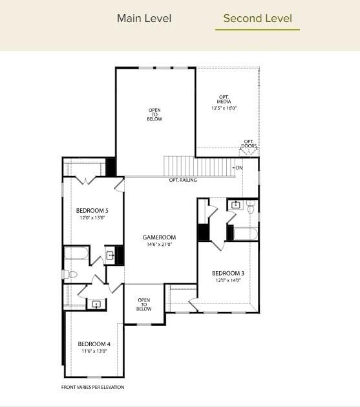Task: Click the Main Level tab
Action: tap(144, 18)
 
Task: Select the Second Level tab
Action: tap(257, 18)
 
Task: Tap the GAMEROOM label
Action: tap(159, 237)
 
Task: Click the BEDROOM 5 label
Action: tap(92, 211)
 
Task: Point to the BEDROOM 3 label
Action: tap(228, 273)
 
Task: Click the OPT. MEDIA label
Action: tap(224, 101)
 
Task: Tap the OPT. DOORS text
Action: tap(249, 144)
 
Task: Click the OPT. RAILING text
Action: tap(183, 180)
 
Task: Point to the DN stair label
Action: tap(239, 168)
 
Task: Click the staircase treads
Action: tap(197, 166)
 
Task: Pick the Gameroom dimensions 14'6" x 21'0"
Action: tap(159, 245)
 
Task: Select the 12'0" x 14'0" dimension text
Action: tap(228, 280)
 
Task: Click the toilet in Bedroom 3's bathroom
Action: tap(251, 207)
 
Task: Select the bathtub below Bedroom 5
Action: tap(76, 254)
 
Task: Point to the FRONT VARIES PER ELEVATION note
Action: tap(92, 387)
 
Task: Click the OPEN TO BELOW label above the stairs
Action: tap(154, 115)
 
